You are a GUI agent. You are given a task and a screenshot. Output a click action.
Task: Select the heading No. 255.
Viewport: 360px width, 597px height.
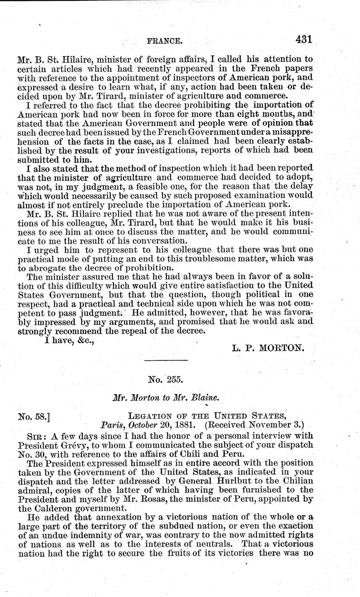pos(166,379)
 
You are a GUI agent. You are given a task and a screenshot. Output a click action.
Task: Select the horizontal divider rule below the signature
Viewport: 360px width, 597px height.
pos(166,360)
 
